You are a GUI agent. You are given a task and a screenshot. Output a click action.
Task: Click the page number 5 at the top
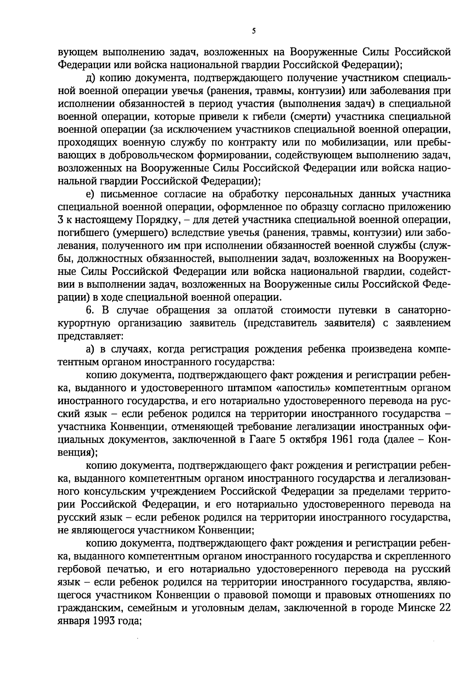click(x=253, y=31)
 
